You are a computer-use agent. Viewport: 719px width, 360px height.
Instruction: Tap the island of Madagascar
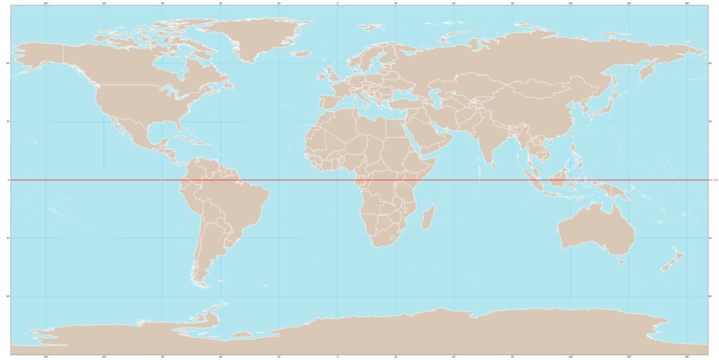[427, 217]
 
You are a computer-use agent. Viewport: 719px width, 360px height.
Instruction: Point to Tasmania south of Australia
[623, 261]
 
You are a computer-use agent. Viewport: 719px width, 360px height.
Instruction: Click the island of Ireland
[322, 75]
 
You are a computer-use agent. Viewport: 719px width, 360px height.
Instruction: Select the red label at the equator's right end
[713, 180]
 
